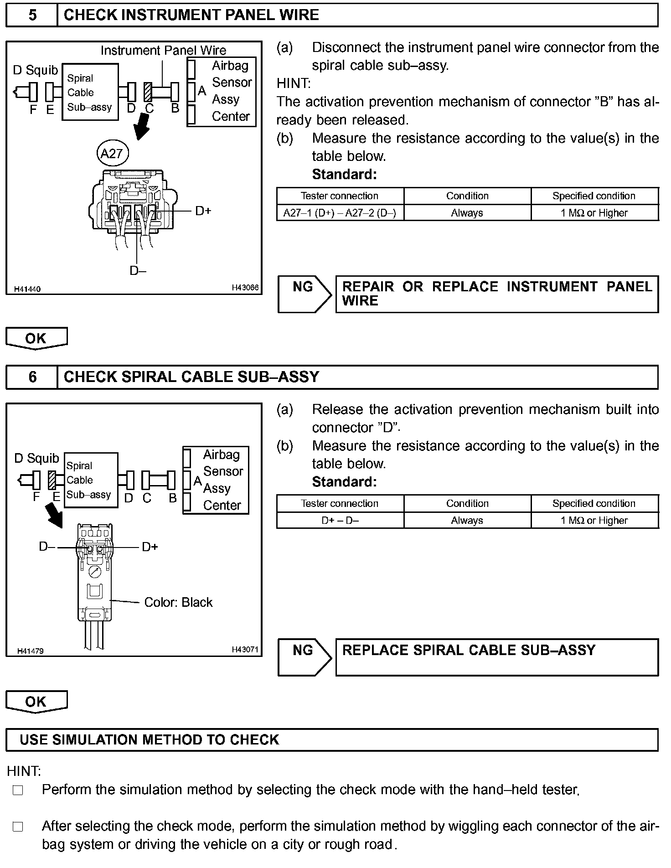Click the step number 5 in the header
pos(32,15)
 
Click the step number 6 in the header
pos(32,377)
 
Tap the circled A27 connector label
pos(113,153)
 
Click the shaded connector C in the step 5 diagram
pos(148,92)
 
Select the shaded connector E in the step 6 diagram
pos(52,480)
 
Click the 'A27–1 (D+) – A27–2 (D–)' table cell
pos(340,213)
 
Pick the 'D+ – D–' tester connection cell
pos(340,521)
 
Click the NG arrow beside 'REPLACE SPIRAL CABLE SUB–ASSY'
pos(304,657)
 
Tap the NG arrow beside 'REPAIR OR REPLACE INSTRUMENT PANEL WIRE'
pos(304,294)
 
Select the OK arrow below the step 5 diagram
pos(36,338)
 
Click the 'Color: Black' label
pos(178,602)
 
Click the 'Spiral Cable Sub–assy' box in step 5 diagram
pos(90,92)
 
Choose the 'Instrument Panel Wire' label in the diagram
pos(163,50)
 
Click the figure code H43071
pos(245,649)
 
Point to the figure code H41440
pos(27,289)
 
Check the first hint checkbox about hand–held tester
pos(18,790)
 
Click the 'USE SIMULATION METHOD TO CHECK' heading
pos(149,739)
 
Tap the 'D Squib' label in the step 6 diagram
pos(36,458)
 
